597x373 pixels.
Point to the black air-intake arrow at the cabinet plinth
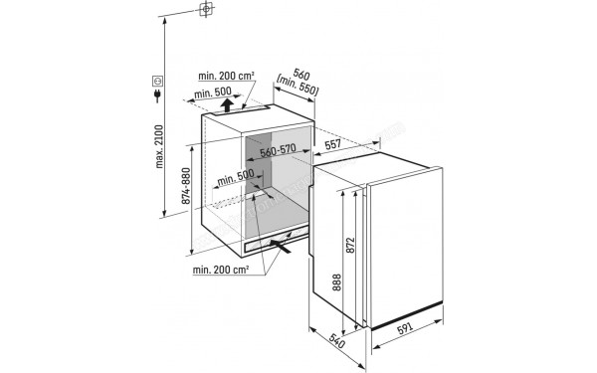(x=283, y=250)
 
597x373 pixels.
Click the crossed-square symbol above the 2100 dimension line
(x=205, y=11)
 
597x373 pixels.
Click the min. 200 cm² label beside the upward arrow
(x=225, y=76)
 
